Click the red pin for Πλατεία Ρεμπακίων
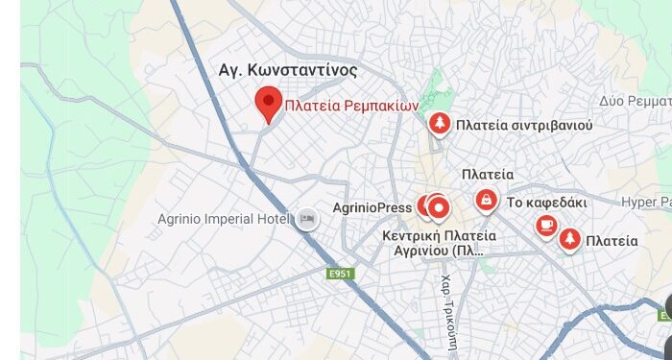(x=268, y=103)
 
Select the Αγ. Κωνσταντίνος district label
(x=289, y=70)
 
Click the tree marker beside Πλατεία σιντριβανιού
(x=439, y=123)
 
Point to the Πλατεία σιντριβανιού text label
(x=524, y=125)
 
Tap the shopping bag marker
(x=487, y=201)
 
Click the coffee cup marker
(x=546, y=226)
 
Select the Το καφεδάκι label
(x=546, y=203)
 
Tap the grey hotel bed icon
(x=307, y=218)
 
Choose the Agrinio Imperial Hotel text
(x=224, y=218)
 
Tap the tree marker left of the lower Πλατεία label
(x=568, y=239)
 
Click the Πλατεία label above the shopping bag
(x=487, y=175)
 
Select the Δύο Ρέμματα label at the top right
(x=635, y=101)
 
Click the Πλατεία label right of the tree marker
(x=612, y=241)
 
